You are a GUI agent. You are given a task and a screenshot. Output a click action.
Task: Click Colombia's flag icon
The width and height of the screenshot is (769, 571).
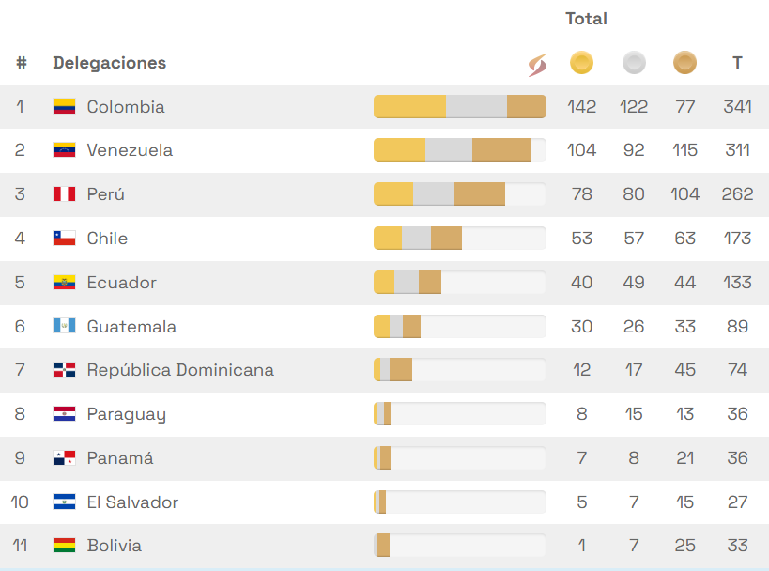tap(64, 107)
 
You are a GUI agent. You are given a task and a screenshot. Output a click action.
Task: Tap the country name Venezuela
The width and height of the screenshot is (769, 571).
tap(130, 150)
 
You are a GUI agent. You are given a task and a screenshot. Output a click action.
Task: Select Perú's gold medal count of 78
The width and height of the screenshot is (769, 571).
tap(581, 194)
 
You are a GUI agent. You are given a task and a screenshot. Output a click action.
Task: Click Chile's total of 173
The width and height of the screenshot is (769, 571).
tap(737, 239)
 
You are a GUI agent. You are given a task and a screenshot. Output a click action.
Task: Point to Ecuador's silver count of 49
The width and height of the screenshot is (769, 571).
tap(634, 283)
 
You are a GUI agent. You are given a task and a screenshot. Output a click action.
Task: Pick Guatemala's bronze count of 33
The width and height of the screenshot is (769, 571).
tap(684, 327)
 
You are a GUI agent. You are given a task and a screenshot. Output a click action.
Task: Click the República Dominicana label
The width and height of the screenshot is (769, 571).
tap(180, 370)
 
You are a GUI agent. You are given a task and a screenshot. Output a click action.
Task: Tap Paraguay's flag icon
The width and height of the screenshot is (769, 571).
tap(64, 414)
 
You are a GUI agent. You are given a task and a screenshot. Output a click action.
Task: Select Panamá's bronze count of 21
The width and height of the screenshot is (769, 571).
tap(684, 458)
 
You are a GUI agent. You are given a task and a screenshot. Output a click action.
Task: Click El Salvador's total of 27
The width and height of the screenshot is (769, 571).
tap(737, 502)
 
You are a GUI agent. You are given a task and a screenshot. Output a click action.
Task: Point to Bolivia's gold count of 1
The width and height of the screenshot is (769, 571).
tap(582, 546)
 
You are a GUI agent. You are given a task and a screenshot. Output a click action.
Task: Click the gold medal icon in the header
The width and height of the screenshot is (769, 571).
tap(581, 63)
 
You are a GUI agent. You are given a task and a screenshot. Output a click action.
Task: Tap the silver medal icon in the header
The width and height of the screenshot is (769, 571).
tap(634, 63)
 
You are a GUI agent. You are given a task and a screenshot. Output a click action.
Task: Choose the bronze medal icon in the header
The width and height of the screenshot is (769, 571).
tap(684, 63)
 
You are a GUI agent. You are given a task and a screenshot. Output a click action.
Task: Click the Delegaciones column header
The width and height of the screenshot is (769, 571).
tap(109, 63)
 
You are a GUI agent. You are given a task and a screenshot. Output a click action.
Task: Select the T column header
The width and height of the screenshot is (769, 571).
tap(737, 63)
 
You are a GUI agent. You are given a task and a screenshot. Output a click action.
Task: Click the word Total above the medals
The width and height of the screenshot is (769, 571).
tap(586, 19)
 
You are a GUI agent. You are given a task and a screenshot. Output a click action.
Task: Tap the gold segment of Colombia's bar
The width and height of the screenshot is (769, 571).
tap(409, 107)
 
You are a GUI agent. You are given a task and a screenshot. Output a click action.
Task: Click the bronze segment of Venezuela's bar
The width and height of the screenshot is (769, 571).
tap(501, 150)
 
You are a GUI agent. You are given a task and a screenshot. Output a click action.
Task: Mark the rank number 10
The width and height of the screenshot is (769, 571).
tap(20, 502)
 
